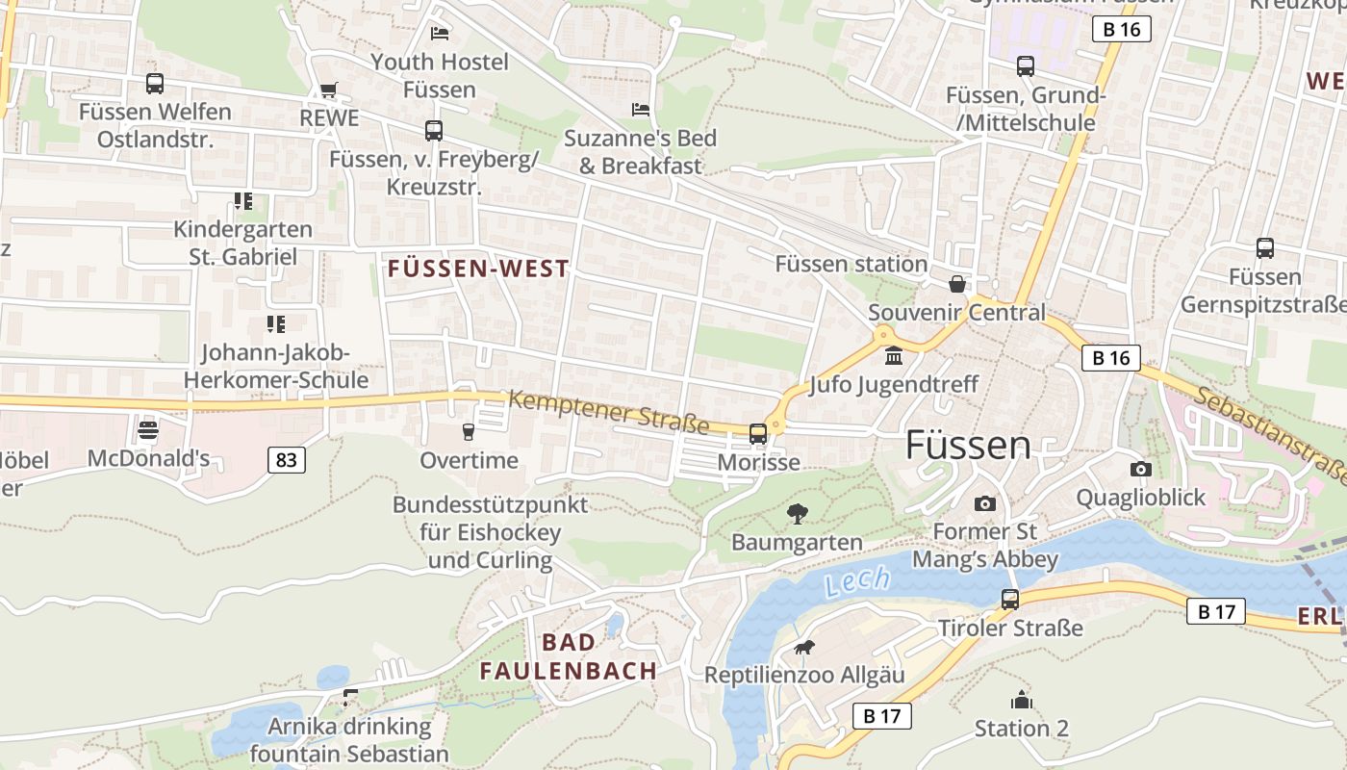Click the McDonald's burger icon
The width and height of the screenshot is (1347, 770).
(x=147, y=429)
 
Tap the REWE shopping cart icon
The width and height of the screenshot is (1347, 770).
(x=329, y=90)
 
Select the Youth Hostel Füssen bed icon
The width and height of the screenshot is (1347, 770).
(x=440, y=34)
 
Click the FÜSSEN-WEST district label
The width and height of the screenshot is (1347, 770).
(x=478, y=269)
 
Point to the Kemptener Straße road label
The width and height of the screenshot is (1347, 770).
(x=608, y=412)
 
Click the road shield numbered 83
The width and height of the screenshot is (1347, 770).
(x=286, y=460)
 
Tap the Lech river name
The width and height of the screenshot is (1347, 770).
(x=856, y=581)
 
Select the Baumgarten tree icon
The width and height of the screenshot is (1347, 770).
(x=797, y=514)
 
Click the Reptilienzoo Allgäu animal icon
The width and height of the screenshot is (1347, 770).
(x=803, y=647)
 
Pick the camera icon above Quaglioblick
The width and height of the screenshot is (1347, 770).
(x=1141, y=469)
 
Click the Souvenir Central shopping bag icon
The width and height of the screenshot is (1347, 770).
(x=956, y=284)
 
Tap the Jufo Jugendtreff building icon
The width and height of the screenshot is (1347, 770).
(x=894, y=356)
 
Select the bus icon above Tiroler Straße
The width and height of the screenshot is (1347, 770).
(x=1010, y=599)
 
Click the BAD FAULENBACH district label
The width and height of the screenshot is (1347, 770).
(x=569, y=656)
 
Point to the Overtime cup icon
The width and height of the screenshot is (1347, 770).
(x=469, y=431)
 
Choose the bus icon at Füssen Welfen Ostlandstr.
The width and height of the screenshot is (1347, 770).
(x=155, y=84)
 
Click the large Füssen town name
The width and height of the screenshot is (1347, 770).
(x=968, y=446)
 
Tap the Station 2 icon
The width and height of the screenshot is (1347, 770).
(x=1021, y=700)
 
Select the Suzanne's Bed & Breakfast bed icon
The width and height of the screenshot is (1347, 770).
(x=641, y=109)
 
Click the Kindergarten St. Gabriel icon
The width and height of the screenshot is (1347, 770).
(x=242, y=201)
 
